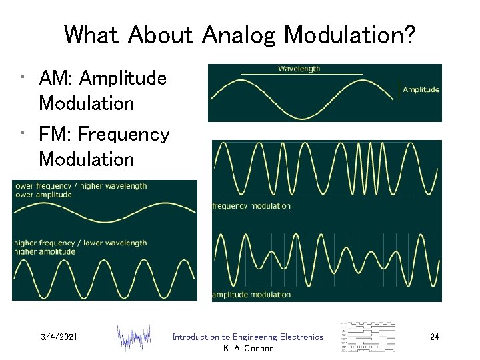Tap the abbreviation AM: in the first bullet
56,79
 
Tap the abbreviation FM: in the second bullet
56,135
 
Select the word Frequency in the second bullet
123,135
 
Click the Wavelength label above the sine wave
299,69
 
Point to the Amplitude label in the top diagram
421,89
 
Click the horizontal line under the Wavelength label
301,73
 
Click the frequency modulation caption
251,206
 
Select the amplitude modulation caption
251,295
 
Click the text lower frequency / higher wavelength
80,186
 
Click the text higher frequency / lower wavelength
80,243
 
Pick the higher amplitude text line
44,251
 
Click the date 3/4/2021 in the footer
59,337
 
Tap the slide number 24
434,337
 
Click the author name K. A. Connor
247,349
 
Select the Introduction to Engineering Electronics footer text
247,337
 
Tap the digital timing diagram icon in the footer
368,337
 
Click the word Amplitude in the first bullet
123,79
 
